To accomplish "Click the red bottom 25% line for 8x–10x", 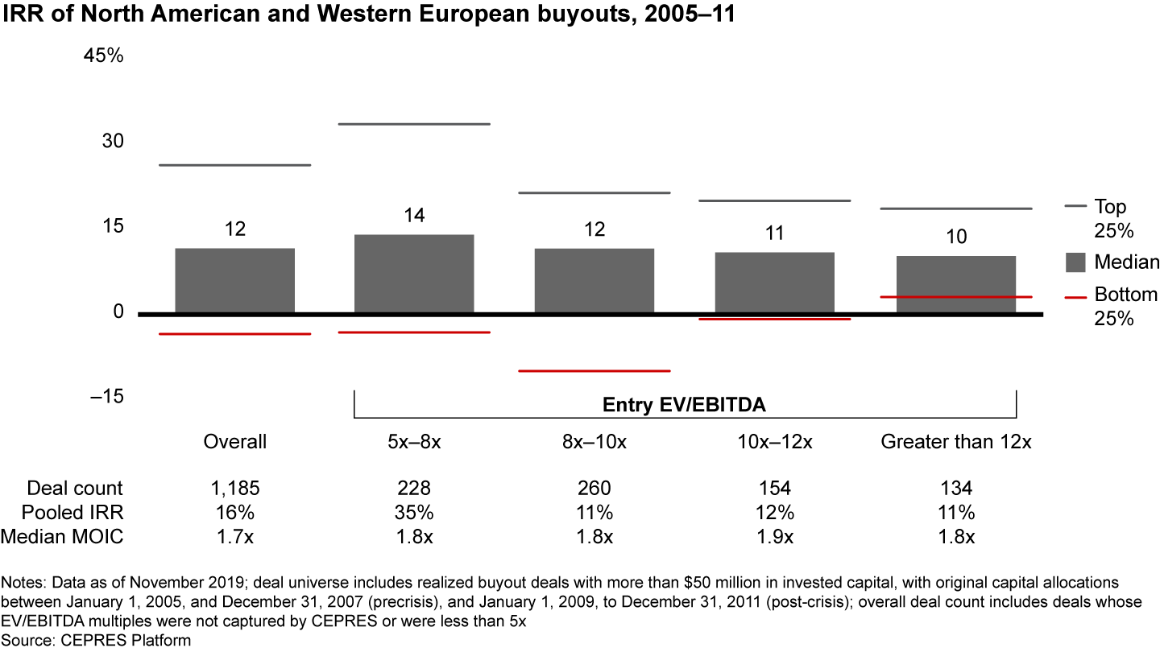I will coord(594,371).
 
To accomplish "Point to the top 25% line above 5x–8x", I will coord(414,124).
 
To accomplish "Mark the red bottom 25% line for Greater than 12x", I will coord(955,297).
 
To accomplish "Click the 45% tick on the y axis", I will coord(103,57).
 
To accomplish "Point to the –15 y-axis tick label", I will coord(101,397).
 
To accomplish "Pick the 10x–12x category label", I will coord(774,442).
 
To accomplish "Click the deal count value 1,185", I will coord(234,488).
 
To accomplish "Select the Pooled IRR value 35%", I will coord(414,513).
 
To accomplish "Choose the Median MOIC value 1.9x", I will coord(774,537).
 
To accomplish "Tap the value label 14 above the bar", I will coord(414,216).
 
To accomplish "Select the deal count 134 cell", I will coord(955,488).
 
